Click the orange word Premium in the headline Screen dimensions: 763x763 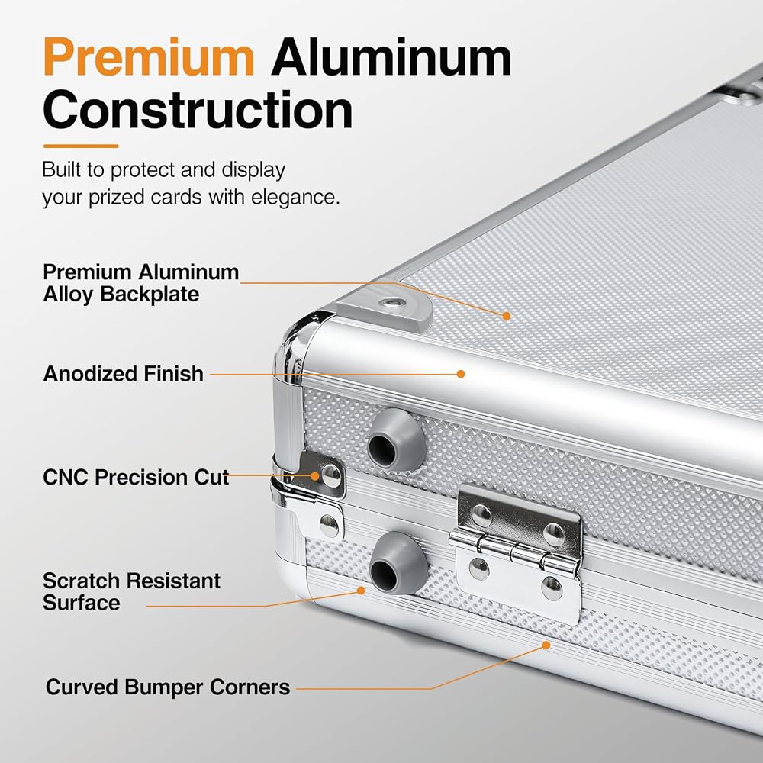(149, 57)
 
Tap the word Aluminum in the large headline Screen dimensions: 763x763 (391, 56)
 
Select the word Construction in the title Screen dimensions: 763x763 (198, 110)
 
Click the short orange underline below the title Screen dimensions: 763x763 (81, 146)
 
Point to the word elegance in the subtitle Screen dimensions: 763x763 (295, 198)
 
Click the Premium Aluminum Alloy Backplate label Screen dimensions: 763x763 (140, 283)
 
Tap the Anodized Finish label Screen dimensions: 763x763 (123, 374)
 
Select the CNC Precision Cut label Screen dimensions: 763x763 (136, 477)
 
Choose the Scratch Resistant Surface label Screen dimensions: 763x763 (131, 591)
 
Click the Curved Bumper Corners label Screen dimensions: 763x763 (168, 687)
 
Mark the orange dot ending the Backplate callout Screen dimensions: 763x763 (507, 316)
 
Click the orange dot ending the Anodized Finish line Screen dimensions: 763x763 (461, 374)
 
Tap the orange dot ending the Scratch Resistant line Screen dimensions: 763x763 (361, 591)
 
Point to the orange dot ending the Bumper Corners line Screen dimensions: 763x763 (546, 645)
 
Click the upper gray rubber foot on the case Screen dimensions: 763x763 (395, 440)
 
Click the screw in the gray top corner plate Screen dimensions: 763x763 (393, 304)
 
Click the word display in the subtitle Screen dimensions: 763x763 (253, 170)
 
